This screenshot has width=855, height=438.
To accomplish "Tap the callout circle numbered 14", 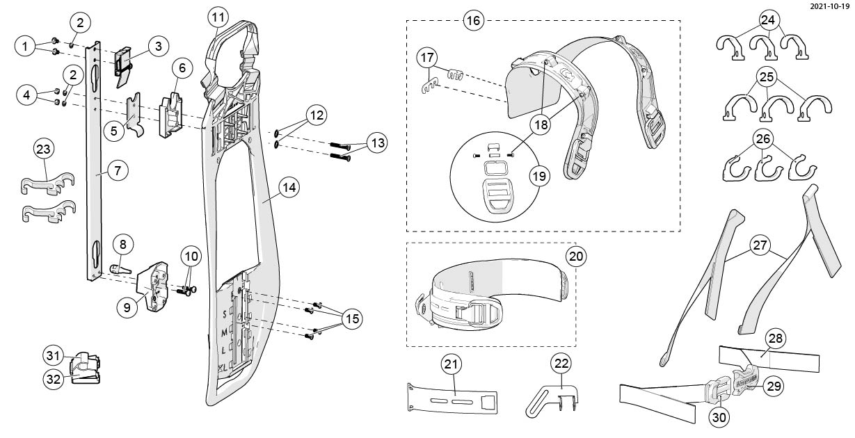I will [x=288, y=188].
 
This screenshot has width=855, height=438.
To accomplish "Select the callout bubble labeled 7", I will [x=118, y=170].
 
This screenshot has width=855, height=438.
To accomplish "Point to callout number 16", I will [x=473, y=20].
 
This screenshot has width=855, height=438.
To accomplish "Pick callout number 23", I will [x=44, y=149].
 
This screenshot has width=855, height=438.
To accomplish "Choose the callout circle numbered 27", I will [x=760, y=245].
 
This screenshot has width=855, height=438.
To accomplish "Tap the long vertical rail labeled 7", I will [x=93, y=209].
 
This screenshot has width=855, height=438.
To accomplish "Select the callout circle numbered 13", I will [x=378, y=143].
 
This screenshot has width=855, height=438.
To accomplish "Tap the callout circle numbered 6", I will [x=182, y=68].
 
